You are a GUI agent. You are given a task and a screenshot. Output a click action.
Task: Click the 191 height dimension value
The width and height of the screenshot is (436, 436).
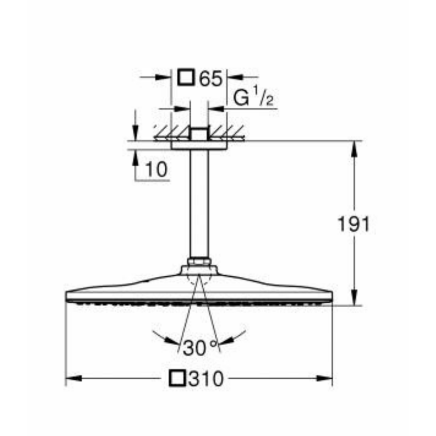(x=354, y=223)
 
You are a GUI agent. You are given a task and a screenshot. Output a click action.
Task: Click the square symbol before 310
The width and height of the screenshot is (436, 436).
(x=178, y=378)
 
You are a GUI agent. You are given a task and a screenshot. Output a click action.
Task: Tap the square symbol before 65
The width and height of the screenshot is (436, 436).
(x=186, y=78)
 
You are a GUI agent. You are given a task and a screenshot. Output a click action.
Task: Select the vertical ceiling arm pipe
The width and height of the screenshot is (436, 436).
(x=198, y=203)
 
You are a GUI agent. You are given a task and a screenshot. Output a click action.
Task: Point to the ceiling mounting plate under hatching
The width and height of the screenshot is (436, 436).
(x=198, y=145)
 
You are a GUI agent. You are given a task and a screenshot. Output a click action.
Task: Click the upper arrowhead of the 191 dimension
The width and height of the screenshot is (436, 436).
(x=354, y=147)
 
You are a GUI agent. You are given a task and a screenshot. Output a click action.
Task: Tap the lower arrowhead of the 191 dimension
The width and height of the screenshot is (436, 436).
(x=354, y=299)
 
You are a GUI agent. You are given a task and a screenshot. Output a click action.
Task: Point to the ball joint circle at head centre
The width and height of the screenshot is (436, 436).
(x=198, y=276)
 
